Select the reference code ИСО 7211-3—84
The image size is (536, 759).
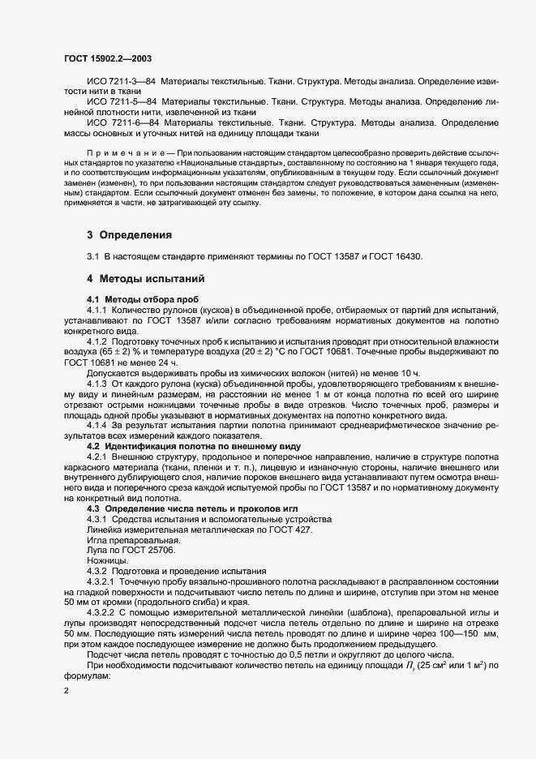[122, 84]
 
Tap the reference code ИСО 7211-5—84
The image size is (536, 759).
[122, 101]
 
